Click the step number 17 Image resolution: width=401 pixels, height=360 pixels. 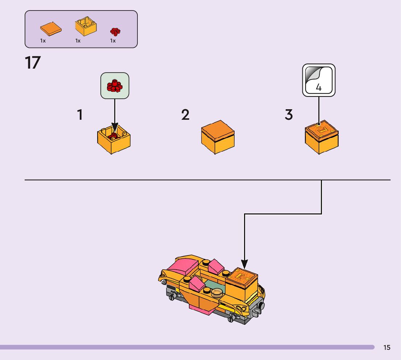32,63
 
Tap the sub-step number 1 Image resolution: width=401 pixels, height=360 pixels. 80,115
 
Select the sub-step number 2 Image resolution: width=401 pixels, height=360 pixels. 185,115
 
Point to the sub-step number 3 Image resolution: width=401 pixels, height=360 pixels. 289,115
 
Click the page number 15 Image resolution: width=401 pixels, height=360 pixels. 387,348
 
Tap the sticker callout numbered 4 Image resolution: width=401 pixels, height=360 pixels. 319,80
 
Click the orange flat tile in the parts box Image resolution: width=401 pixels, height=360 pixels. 50,28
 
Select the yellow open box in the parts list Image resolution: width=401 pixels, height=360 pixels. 86,26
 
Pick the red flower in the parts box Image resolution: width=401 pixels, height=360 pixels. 115,32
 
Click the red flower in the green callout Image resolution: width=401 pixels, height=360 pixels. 115,86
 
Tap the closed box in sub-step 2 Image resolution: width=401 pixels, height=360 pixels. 218,137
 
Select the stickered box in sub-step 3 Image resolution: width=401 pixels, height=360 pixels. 321,138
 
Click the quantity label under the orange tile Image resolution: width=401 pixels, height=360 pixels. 43,41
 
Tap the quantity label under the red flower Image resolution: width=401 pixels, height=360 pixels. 113,41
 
